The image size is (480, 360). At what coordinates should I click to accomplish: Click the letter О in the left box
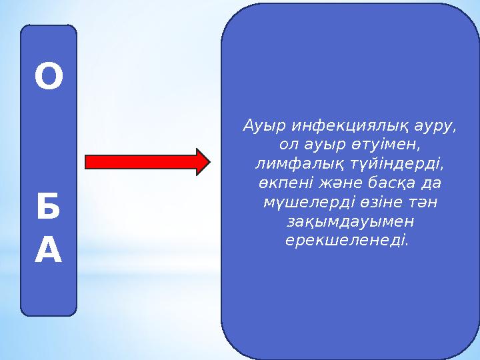(x=49, y=79)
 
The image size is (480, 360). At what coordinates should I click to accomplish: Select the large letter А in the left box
(x=49, y=251)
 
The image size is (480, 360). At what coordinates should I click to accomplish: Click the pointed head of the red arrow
(x=203, y=162)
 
